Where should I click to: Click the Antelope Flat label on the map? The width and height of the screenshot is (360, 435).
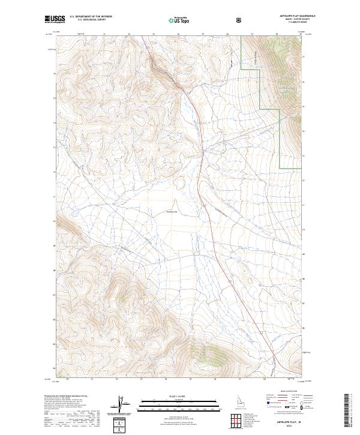pos(172,211)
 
